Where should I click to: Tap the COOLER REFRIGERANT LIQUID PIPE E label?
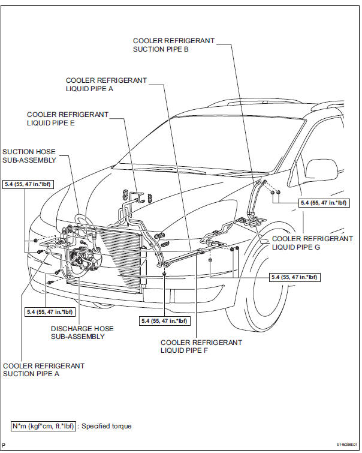pyautogui.click(x=68, y=118)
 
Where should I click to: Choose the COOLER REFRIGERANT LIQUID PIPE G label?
pyautogui.click(x=312, y=242)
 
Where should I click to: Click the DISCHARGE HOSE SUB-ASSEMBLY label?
pyautogui.click(x=82, y=332)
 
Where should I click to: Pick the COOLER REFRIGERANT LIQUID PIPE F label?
pyautogui.click(x=201, y=346)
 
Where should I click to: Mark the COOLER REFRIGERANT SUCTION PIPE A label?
pyautogui.click(x=44, y=370)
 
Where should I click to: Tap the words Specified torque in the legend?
pyautogui.click(x=107, y=426)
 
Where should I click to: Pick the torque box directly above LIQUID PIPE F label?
pyautogui.click(x=164, y=321)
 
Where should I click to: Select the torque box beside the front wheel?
pyautogui.click(x=295, y=277)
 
